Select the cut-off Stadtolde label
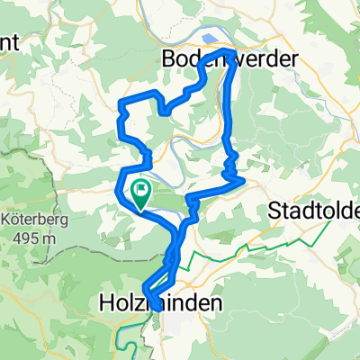[316, 211]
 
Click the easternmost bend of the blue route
[244, 181]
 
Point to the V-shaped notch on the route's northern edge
[164, 110]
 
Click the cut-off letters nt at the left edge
[7, 42]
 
